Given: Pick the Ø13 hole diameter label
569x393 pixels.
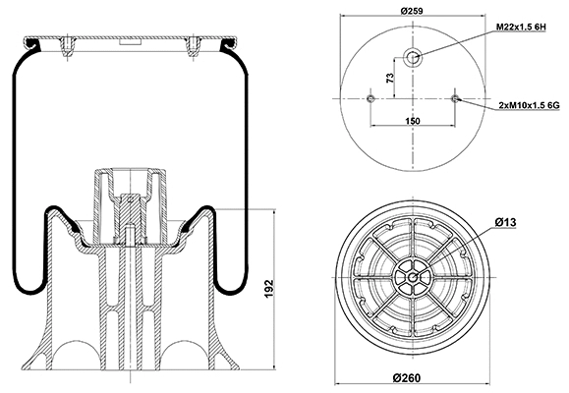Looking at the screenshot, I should (x=505, y=224).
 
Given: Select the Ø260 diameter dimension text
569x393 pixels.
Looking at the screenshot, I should (x=413, y=379).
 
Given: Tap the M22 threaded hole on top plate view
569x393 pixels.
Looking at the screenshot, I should (x=413, y=57).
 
